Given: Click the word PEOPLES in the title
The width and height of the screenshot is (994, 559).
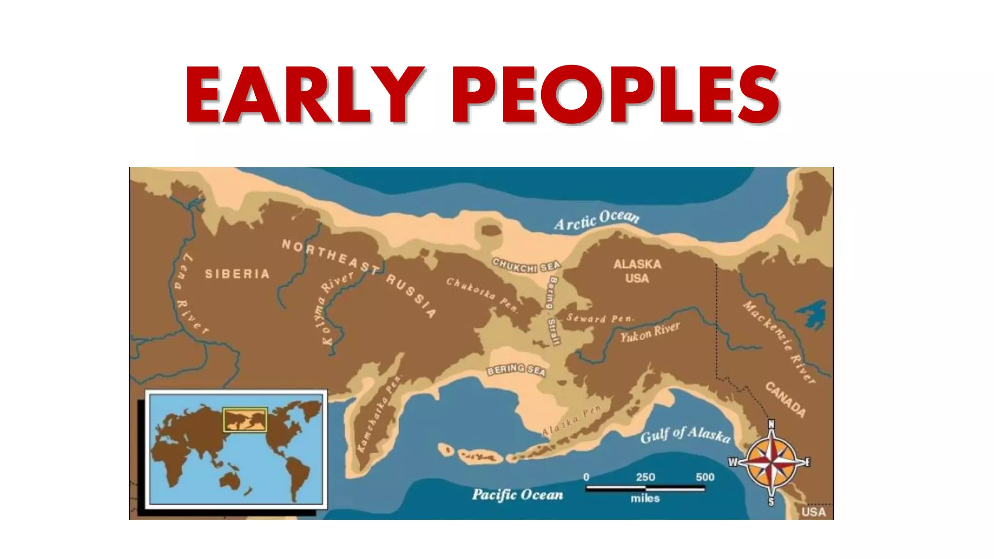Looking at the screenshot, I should pyautogui.click(x=615, y=95).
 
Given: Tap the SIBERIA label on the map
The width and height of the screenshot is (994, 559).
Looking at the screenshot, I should pyautogui.click(x=237, y=274).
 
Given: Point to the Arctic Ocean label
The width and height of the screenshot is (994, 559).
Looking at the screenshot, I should pyautogui.click(x=596, y=220).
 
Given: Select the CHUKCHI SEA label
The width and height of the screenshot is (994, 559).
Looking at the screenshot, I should pyautogui.click(x=527, y=265).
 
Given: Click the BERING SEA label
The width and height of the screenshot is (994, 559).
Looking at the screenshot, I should pyautogui.click(x=516, y=370).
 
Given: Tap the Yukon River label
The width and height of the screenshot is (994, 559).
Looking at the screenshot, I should pyautogui.click(x=650, y=332).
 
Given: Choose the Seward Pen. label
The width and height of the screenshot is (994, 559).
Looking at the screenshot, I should pyautogui.click(x=600, y=318).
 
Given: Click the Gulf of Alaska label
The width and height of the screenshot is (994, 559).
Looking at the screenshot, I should pyautogui.click(x=685, y=434).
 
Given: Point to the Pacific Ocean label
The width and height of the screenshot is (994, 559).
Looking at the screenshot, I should pyautogui.click(x=517, y=495).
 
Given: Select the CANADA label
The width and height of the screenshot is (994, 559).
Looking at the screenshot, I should pyautogui.click(x=786, y=399).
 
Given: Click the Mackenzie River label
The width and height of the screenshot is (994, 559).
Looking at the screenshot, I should pyautogui.click(x=779, y=341).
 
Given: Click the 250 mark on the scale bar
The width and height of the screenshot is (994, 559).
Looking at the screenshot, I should pyautogui.click(x=646, y=477).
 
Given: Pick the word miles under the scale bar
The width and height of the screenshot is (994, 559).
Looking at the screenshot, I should pyautogui.click(x=645, y=498).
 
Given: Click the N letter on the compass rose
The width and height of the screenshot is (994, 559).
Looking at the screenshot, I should pyautogui.click(x=771, y=425).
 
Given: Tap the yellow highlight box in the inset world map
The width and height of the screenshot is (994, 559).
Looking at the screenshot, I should pyautogui.click(x=245, y=420).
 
